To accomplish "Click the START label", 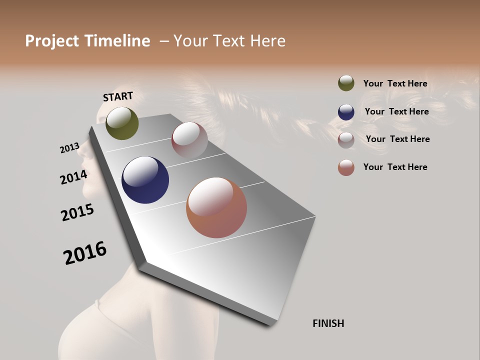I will pyautogui.click(x=118, y=96).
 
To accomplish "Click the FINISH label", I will pyautogui.click(x=328, y=323).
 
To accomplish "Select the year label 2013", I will pyautogui.click(x=70, y=148).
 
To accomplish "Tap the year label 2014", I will pyautogui.click(x=74, y=177).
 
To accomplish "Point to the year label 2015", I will pyautogui.click(x=77, y=212).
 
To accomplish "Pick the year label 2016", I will pyautogui.click(x=85, y=253).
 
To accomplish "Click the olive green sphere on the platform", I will pyautogui.click(x=122, y=123).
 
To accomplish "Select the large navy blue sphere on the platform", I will pyautogui.click(x=145, y=180).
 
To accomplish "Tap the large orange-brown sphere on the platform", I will pyautogui.click(x=216, y=207).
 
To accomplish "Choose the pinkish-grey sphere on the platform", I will pyautogui.click(x=189, y=139).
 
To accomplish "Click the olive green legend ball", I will pyautogui.click(x=346, y=83).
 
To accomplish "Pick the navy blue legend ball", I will pyautogui.click(x=346, y=112).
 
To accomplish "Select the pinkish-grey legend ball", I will pyautogui.click(x=346, y=140).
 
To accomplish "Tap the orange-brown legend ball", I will pyautogui.click(x=346, y=167).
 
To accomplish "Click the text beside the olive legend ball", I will pyautogui.click(x=395, y=83).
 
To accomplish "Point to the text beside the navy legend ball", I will pyautogui.click(x=396, y=111).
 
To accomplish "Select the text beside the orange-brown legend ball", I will pyautogui.click(x=395, y=167).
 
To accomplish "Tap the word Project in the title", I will pyautogui.click(x=52, y=41).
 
